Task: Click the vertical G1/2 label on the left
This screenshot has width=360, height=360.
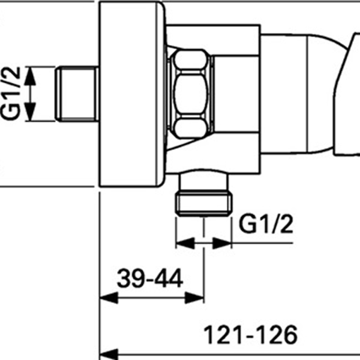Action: pyautogui.click(x=11, y=93)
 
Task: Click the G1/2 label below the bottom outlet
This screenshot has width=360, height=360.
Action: pyautogui.click(x=266, y=223)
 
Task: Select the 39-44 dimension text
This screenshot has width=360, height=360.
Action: pyautogui.click(x=150, y=278)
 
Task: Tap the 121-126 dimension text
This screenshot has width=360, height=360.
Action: pyautogui.click(x=250, y=335)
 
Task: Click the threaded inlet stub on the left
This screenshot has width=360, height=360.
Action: pyautogui.click(x=77, y=94)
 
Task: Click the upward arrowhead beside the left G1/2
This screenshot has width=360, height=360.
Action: pyautogui.click(x=30, y=76)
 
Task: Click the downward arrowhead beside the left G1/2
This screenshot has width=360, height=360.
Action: pyautogui.click(x=30, y=112)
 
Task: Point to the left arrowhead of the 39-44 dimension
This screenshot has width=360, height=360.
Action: pyautogui.click(x=109, y=298)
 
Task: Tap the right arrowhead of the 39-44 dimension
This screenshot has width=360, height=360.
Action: pyautogui.click(x=194, y=298)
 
